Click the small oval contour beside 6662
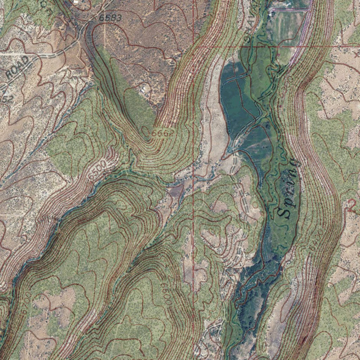coord(146,131)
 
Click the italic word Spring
coord(290,188)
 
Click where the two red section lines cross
coord(194,46)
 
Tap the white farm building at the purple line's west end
coord(272,12)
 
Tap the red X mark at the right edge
coord(356,55)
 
